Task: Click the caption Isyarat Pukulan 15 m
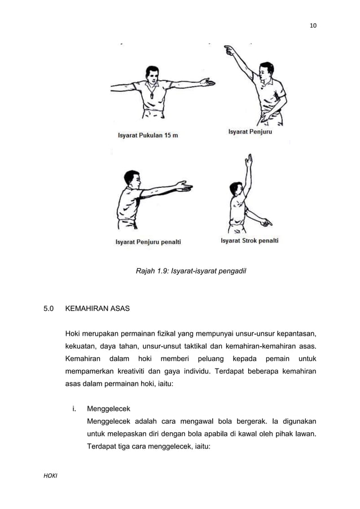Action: point(147,135)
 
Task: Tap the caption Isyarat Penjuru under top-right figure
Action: point(249,132)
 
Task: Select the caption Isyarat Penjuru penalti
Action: point(148,243)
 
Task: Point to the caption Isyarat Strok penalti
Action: point(249,241)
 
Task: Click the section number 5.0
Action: point(49,309)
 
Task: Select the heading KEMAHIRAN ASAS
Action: point(98,309)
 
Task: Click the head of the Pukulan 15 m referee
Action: point(152,75)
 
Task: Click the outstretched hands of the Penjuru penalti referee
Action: point(184,186)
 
